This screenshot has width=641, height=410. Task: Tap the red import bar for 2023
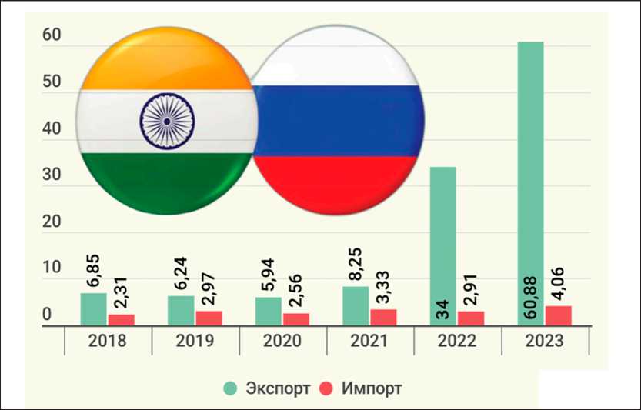[x=558, y=316]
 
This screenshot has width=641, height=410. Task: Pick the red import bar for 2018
[x=121, y=319]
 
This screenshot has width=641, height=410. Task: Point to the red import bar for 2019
[x=209, y=318]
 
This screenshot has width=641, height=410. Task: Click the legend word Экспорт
[x=278, y=388]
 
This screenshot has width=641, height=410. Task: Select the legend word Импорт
[x=373, y=388]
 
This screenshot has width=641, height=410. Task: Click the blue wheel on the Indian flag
[x=167, y=122]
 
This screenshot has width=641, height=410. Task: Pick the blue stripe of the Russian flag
[x=339, y=122]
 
